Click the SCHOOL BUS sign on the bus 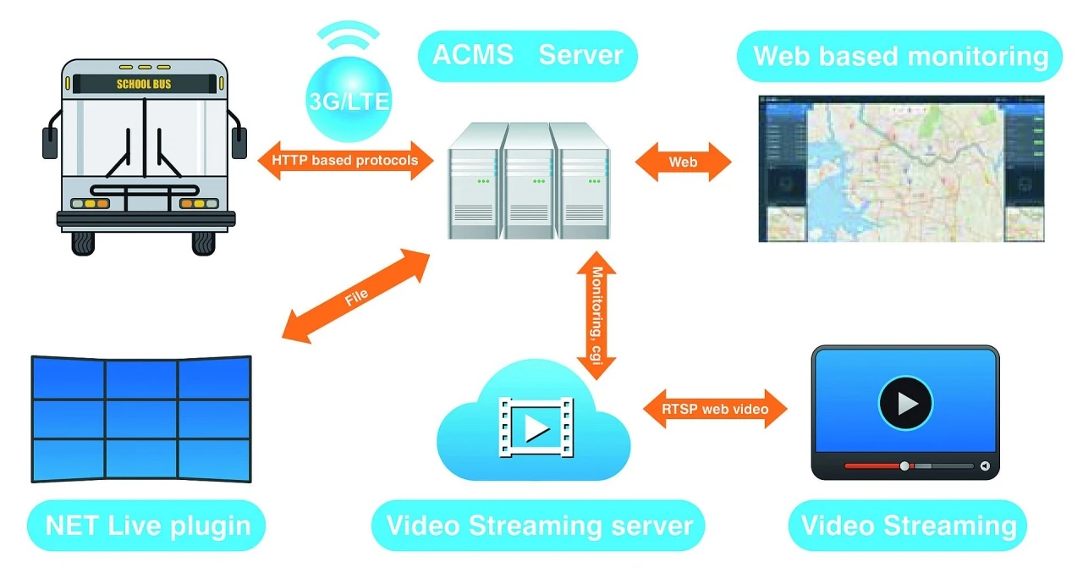pos(145,84)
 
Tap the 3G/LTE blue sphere pos(348,100)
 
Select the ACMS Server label pos(527,56)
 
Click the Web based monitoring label pos(899,56)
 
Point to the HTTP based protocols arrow pos(344,160)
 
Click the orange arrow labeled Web pos(683,161)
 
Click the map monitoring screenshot pos(901,168)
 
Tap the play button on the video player pos(905,401)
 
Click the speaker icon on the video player pos(985,466)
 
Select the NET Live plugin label pos(148,525)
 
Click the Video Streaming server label pos(539,525)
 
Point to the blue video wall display pos(141,419)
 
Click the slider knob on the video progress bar pos(904,466)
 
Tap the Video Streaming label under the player pos(908,525)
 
